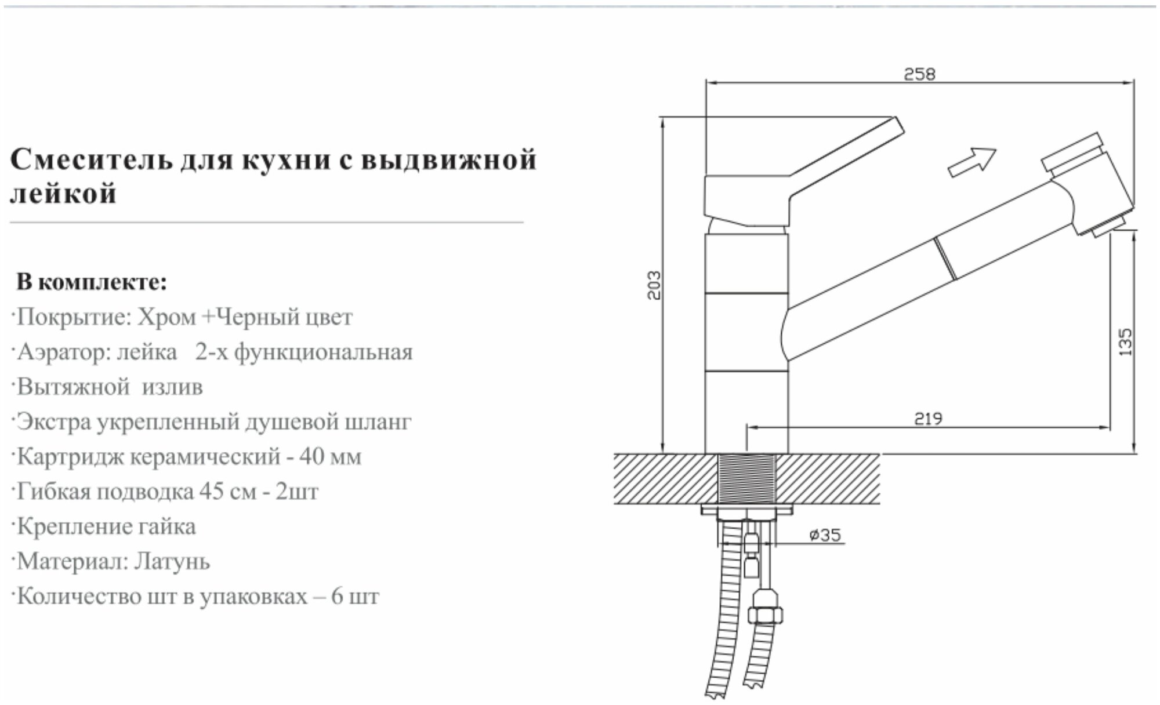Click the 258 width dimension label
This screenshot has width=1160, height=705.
[920, 74]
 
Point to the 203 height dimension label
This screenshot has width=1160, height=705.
[654, 285]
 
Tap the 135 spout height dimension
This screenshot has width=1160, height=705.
[1125, 342]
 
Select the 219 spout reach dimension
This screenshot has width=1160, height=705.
[928, 418]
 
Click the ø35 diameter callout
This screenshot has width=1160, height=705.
[825, 535]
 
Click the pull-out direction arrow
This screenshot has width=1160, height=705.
[972, 161]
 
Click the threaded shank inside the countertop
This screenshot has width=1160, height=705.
[747, 478]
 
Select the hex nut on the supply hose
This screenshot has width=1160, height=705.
[766, 615]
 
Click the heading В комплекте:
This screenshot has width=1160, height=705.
[92, 282]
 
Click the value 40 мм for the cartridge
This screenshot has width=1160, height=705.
[330, 457]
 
